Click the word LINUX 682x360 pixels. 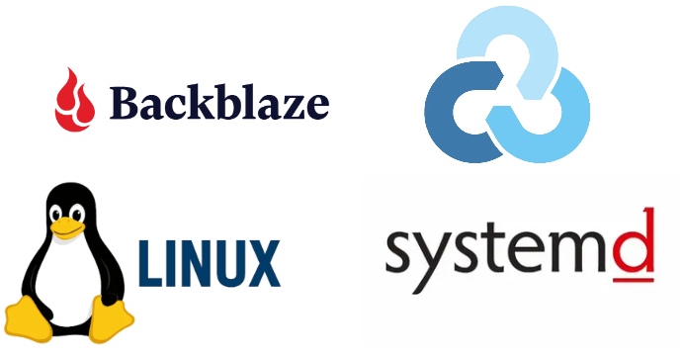[x=209, y=262]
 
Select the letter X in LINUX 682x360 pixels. [x=261, y=262]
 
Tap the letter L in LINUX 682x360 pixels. [x=147, y=262]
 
